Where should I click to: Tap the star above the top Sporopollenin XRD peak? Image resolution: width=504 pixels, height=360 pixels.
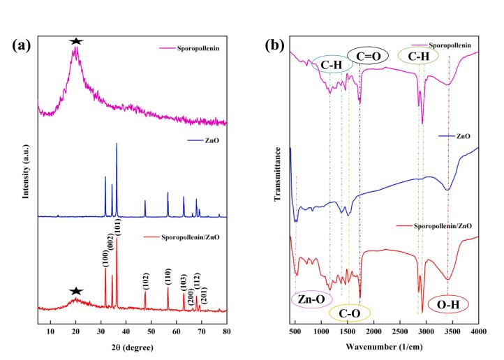tap(76, 42)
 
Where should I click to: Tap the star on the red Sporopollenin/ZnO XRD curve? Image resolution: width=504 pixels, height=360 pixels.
tap(76, 290)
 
